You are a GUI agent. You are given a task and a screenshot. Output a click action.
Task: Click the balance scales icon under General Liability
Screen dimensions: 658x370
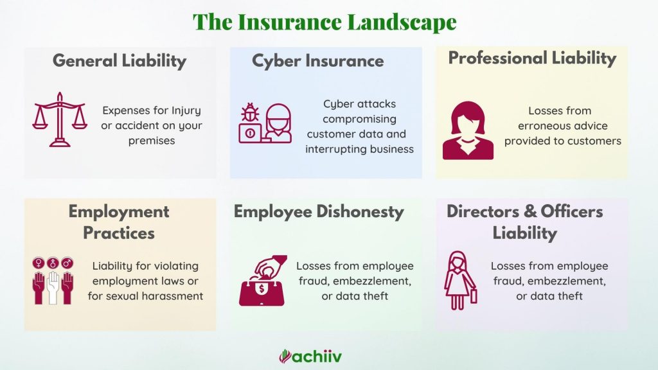(x=60, y=119)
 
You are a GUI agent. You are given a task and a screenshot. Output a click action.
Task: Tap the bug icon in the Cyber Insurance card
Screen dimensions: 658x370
(x=250, y=112)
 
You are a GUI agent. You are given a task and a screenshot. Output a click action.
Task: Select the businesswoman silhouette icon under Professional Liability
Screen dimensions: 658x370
(x=468, y=130)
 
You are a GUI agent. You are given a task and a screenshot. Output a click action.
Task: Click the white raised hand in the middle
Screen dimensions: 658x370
(x=53, y=288)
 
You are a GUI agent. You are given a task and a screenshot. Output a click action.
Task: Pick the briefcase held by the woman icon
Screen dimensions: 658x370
(x=474, y=295)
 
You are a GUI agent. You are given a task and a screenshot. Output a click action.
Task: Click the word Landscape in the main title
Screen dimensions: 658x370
(x=402, y=22)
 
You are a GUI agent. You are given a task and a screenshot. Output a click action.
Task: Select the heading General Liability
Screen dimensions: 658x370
(x=120, y=61)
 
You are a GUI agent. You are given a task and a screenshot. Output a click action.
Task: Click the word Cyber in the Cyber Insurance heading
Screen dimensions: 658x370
(x=276, y=61)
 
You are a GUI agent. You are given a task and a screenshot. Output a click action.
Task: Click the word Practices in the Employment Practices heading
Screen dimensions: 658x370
(x=119, y=233)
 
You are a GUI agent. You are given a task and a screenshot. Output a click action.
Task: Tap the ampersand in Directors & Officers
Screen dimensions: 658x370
(x=529, y=211)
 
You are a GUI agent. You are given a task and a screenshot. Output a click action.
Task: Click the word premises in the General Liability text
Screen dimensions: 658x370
(x=152, y=141)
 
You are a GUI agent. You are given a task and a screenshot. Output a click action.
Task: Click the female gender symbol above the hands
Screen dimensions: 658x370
(x=38, y=263)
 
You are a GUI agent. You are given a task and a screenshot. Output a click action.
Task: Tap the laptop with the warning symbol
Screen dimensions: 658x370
(x=251, y=134)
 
